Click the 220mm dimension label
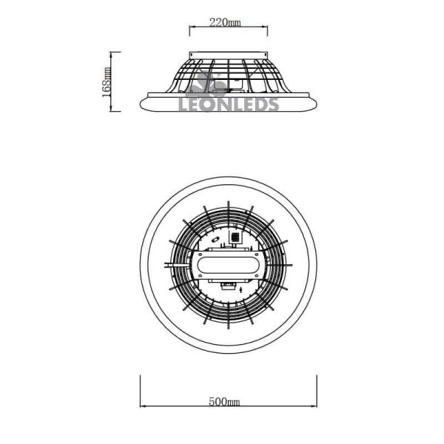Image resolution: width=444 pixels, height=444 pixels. click(x=226, y=22)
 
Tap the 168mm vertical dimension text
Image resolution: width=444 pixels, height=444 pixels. click(x=107, y=81)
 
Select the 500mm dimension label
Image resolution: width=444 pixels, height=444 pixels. click(x=226, y=402)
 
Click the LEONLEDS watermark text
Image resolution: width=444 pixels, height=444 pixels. click(x=229, y=104)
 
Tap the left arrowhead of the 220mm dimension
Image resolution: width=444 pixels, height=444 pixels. click(x=193, y=28)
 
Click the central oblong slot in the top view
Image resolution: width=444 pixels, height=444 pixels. click(x=229, y=264)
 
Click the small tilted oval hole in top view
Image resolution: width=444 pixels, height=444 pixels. click(x=215, y=240)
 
